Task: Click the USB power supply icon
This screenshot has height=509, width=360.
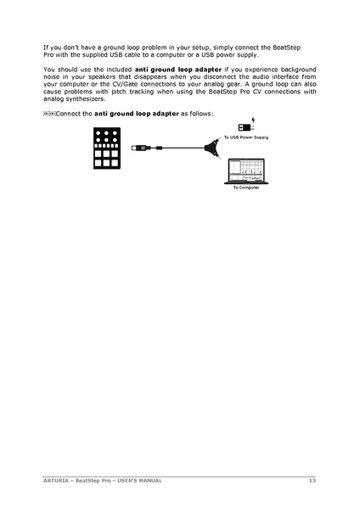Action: click(x=245, y=126)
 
